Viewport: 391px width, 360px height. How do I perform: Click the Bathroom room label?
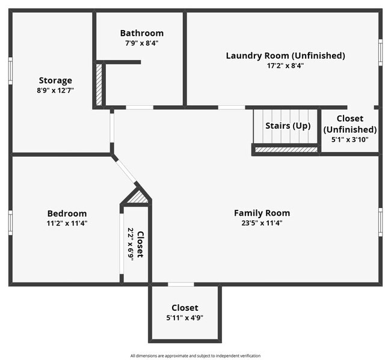click(x=141, y=33)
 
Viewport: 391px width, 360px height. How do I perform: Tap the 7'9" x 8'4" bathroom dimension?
click(x=141, y=43)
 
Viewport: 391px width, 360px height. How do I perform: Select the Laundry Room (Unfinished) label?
click(x=285, y=55)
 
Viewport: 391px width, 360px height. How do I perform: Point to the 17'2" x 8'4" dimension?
click(x=285, y=66)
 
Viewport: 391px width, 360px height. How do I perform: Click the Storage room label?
click(x=55, y=80)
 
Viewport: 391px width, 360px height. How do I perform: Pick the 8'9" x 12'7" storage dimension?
click(x=55, y=90)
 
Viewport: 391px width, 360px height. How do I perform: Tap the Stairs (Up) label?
click(x=288, y=126)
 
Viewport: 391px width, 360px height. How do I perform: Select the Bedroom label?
click(x=67, y=213)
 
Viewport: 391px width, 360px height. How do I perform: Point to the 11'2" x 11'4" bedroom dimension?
click(x=67, y=223)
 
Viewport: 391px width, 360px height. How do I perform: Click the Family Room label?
click(x=262, y=213)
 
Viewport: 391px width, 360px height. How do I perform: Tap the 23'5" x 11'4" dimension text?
click(x=262, y=222)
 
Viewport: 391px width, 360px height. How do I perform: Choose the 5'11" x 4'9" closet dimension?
click(x=185, y=318)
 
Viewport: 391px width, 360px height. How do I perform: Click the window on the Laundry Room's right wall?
click(x=380, y=52)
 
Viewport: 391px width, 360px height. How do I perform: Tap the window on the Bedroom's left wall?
click(x=10, y=222)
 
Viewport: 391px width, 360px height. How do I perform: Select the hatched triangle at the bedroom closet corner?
click(x=138, y=197)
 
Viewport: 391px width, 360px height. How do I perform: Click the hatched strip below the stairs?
click(x=286, y=150)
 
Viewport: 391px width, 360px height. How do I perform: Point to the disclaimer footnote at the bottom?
click(x=195, y=356)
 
